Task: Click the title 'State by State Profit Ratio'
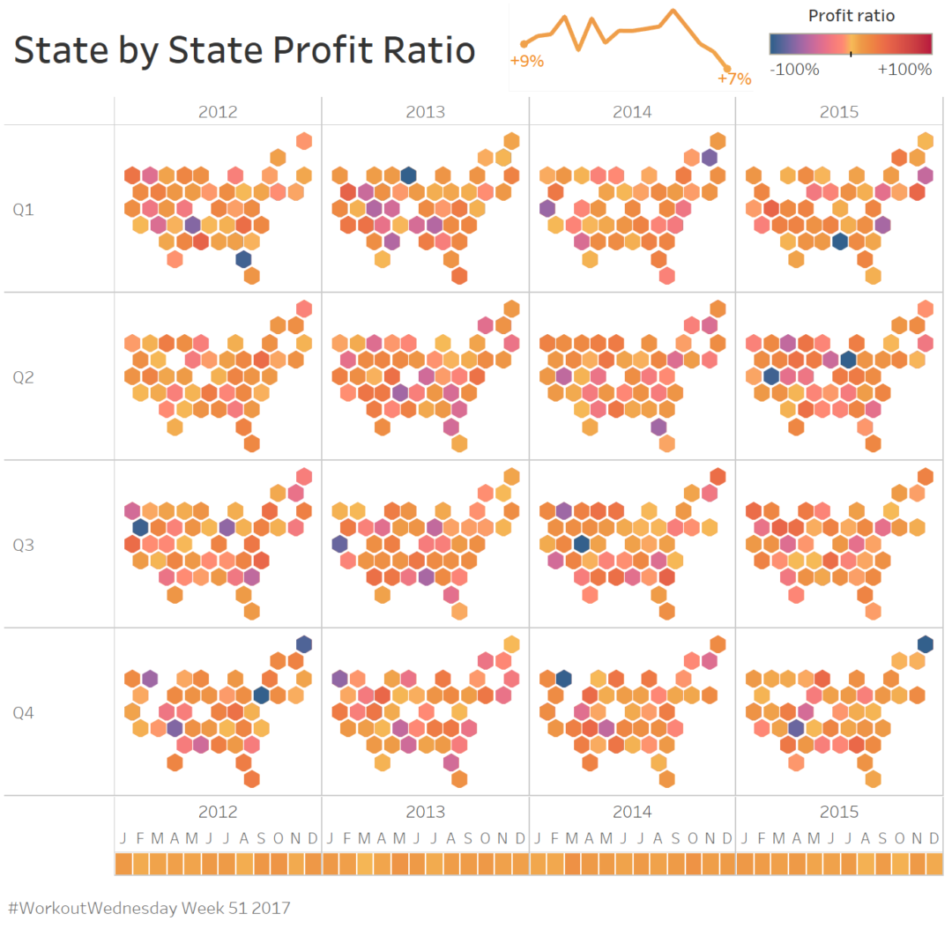pos(244,50)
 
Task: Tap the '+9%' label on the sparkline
pos(527,62)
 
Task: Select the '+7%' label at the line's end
pos(734,78)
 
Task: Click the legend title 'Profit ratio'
pos(851,16)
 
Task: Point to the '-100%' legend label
pos(794,70)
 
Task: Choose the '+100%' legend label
pos(904,70)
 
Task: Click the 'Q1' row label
pos(23,210)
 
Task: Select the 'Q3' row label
pos(23,545)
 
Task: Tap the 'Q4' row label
pos(23,712)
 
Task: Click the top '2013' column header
pos(425,112)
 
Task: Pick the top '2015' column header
pos(839,112)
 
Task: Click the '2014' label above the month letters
pos(632,812)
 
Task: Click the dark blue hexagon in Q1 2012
pos(243,259)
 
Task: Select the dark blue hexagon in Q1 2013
pos(408,175)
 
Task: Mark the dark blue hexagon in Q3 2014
pos(581,544)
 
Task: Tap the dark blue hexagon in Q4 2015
pos(925,643)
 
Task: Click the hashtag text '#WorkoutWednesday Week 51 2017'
pos(149,907)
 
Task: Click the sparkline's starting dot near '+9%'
pos(524,43)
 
